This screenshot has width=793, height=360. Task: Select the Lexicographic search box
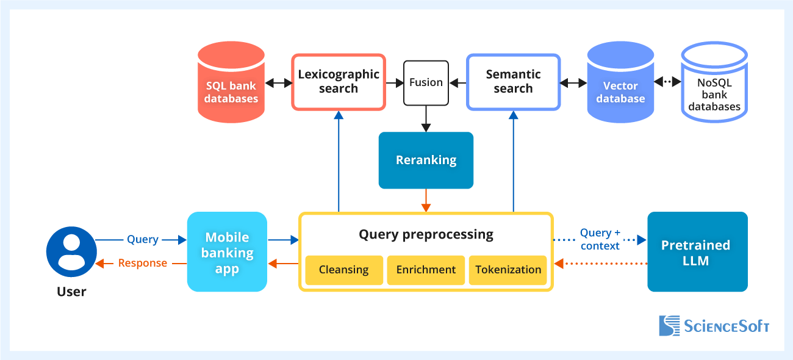point(339,82)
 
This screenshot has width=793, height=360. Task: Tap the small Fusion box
point(426,82)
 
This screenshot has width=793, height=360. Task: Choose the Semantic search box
point(513,82)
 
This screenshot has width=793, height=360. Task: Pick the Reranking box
point(426,160)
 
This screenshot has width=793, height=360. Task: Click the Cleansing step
point(343,270)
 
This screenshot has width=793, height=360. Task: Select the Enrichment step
point(426,270)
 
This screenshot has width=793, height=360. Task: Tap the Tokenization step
point(508,270)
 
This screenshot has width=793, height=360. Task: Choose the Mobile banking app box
point(227,251)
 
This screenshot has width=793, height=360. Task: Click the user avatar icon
point(71,251)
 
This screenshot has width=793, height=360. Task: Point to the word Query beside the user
point(143,240)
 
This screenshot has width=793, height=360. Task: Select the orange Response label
point(143,263)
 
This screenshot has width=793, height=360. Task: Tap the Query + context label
point(600,239)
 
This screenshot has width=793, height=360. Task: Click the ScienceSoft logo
point(714,326)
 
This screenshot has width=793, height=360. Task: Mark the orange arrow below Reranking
point(426,200)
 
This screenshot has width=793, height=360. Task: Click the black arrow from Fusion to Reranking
point(426,118)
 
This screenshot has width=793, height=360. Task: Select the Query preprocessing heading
point(426,234)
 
